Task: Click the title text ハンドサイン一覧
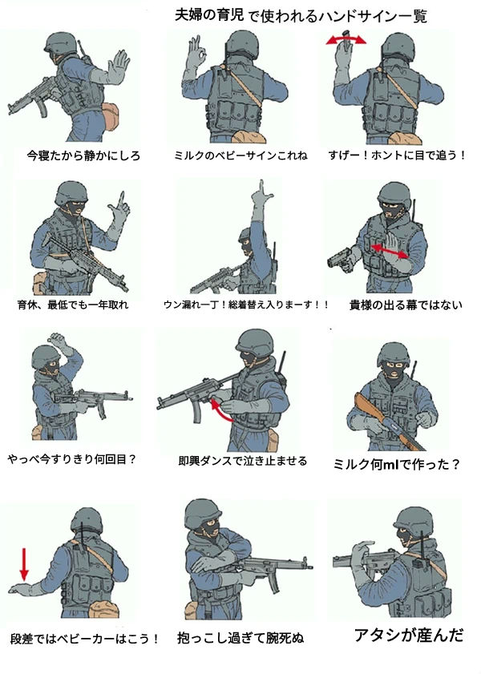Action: coord(359,15)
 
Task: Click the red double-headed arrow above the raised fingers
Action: coord(346,38)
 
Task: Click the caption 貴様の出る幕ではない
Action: coord(406,305)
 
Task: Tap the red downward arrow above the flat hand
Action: coord(24,564)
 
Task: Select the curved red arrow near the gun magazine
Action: coord(222,412)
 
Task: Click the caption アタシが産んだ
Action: coord(409,636)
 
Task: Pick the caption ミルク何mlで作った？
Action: coord(396,463)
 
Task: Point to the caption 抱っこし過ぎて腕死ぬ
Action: coord(242,639)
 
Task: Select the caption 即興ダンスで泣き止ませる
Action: coord(238,462)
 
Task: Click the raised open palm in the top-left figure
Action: coord(119,67)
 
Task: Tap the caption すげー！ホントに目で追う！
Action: coord(397,155)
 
